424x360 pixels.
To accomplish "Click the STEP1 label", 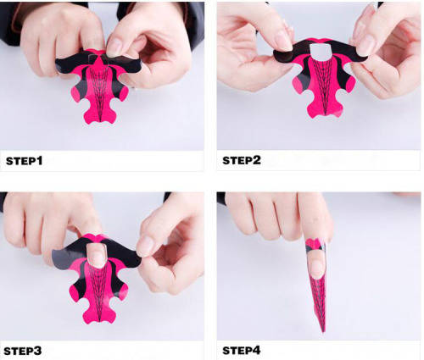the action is (x=25, y=161).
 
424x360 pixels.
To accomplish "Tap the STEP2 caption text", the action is (x=242, y=160).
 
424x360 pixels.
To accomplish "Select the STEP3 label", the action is (x=23, y=351).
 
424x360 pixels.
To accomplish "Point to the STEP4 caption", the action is (x=242, y=351).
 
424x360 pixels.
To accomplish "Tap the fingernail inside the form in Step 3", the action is (x=97, y=255).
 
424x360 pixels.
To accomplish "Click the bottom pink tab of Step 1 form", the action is (x=100, y=114).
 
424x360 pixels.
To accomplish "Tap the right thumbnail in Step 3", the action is (x=145, y=246).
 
